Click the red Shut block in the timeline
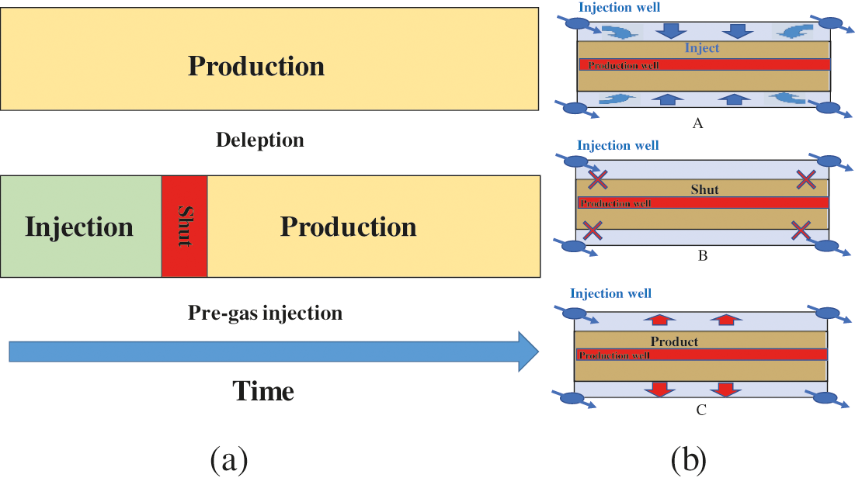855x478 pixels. coord(185,227)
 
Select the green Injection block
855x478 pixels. coord(81,227)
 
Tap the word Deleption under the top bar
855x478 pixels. coord(259,140)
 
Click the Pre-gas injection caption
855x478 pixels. coord(265,313)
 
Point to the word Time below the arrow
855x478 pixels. coord(263,391)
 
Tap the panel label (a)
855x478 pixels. coord(229,460)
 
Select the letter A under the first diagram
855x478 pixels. coord(697,123)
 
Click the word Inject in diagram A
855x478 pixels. coord(702,48)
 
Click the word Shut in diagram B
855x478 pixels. coord(704,189)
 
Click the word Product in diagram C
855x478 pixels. coord(674,341)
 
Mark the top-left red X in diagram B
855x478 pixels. coord(597,181)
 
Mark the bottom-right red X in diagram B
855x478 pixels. coord(801,230)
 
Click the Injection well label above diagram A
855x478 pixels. coord(618,8)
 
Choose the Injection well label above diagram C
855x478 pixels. coord(610,293)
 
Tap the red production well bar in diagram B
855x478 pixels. coord(704,203)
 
